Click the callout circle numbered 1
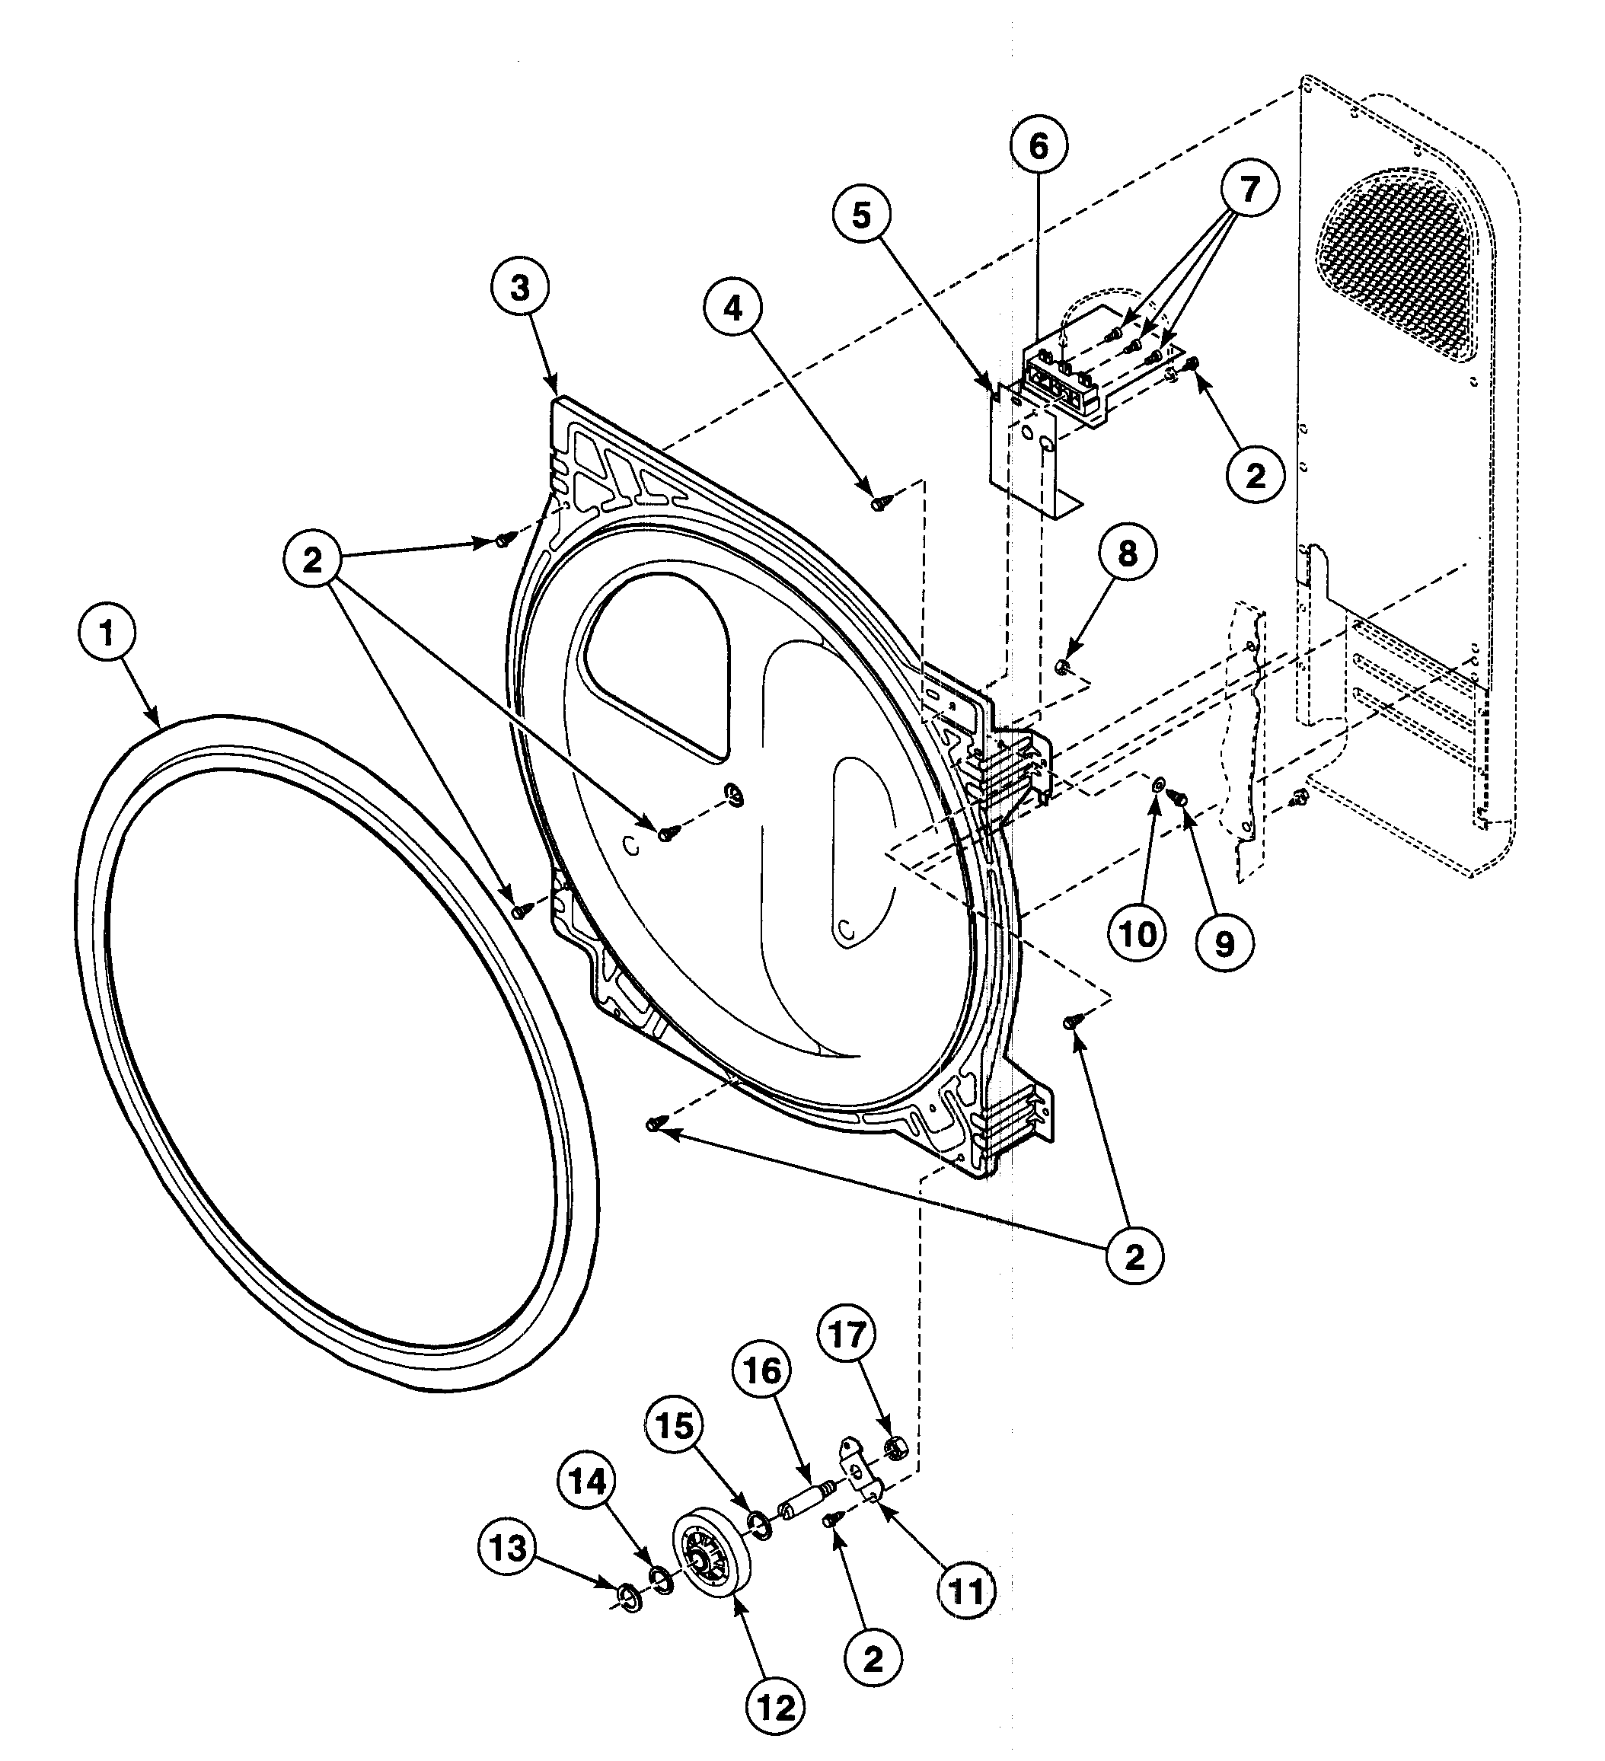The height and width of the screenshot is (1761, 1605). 107,634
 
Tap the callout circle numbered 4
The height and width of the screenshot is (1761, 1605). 732,308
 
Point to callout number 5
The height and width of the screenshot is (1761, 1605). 861,215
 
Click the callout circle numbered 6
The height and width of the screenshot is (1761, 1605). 1038,146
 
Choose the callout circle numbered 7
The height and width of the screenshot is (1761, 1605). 1249,189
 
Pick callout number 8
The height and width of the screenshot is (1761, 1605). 1127,553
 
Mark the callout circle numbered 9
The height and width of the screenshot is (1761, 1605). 1224,943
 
